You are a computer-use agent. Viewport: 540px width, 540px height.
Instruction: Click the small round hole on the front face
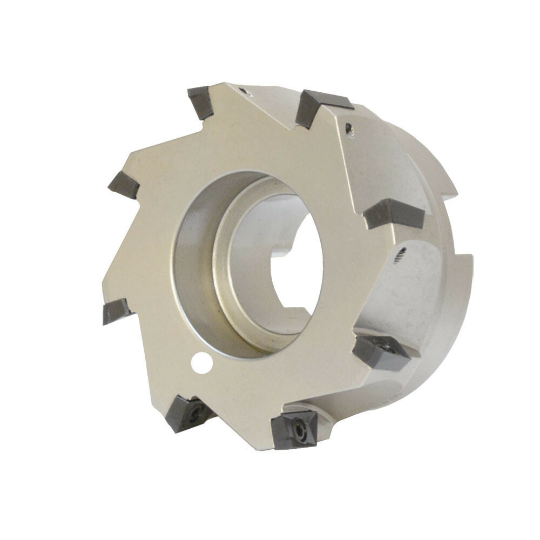click(201, 362)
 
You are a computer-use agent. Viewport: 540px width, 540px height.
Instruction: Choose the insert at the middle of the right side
click(393, 214)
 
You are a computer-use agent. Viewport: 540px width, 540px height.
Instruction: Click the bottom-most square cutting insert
click(293, 429)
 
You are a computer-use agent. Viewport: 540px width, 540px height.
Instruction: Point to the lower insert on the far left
click(116, 312)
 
